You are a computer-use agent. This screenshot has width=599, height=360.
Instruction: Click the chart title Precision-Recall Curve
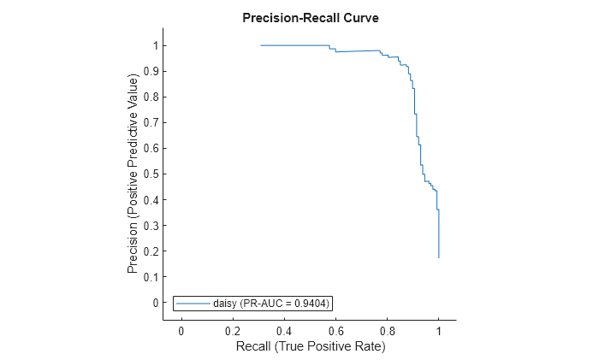310,17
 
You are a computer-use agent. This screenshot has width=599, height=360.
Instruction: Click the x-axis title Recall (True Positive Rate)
310,346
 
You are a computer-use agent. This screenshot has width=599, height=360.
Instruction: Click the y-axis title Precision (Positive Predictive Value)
133,174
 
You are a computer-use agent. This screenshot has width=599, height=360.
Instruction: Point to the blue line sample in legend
193,303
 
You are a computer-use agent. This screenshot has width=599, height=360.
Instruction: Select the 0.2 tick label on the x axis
232,331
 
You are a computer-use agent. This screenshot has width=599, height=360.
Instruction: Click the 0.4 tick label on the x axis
284,331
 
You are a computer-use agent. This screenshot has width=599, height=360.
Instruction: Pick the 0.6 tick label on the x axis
335,331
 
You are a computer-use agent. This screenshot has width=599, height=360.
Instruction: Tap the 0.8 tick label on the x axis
387,331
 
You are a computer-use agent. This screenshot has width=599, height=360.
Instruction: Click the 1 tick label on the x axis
438,331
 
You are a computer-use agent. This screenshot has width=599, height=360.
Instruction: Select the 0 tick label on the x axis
181,331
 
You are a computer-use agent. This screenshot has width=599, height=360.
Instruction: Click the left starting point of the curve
261,45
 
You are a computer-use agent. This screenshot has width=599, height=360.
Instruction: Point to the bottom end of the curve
438,257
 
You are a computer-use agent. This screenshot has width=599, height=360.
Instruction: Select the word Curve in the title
360,17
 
